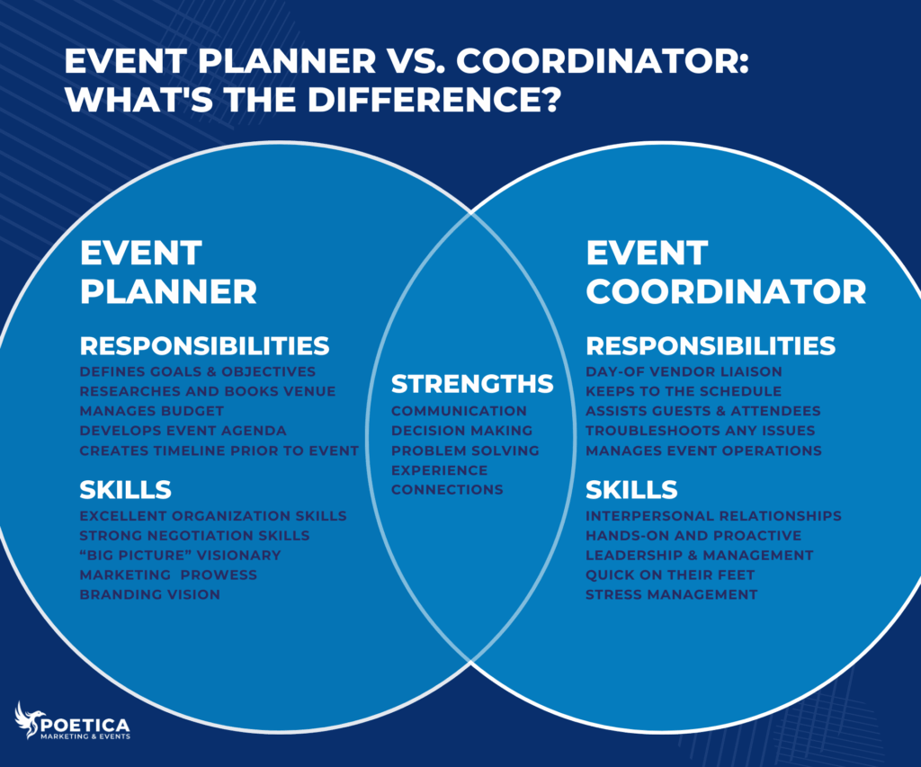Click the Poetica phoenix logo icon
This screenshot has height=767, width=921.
pos(29,720)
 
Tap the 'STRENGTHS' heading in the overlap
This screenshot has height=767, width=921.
pos(472,384)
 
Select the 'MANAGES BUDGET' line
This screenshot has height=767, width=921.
pos(152,411)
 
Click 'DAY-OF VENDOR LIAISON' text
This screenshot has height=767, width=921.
pos(684,371)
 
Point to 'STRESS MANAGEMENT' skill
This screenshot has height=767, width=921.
pos(671,594)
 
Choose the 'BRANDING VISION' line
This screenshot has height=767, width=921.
pos(150,594)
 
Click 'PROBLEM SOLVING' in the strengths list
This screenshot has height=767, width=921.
pos(465,450)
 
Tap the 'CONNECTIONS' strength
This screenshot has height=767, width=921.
pos(447,490)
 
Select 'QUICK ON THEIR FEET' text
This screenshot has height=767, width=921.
pos(670,575)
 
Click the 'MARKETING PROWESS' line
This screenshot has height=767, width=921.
pos(168,575)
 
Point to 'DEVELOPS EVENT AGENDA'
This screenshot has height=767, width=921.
pos(183,431)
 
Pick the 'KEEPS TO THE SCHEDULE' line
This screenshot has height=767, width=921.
pos(684,391)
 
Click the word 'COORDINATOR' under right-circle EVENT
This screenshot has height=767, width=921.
pos(726,291)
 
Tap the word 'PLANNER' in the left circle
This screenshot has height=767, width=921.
pos(168,291)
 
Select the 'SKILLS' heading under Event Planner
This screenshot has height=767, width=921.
pos(125,490)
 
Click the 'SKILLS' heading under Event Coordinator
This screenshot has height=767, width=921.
pos(631,490)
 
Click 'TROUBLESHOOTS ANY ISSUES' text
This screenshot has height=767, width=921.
pos(701,431)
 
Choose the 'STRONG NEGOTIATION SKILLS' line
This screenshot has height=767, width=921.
pos(194,535)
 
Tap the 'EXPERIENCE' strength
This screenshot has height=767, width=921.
pos(439,470)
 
